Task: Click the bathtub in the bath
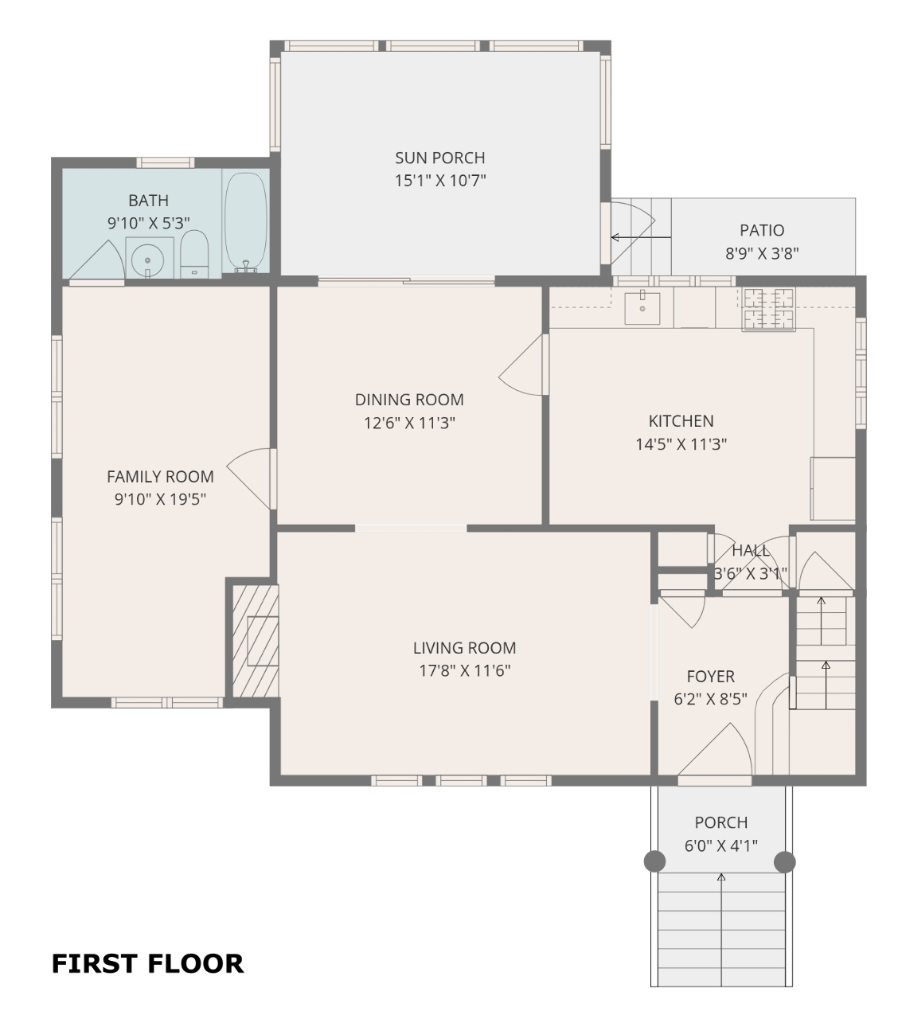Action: [245, 222]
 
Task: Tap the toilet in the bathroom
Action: [194, 254]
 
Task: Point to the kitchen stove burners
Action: [769, 309]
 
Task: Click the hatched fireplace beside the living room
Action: [256, 640]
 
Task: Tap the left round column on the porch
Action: [654, 861]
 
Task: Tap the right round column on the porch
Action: [784, 861]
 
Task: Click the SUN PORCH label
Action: [440, 158]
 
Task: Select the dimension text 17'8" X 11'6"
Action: [465, 670]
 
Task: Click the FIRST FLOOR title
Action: [148, 964]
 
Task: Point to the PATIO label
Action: [762, 230]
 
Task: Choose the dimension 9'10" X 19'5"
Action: [161, 499]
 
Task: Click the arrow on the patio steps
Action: [641, 237]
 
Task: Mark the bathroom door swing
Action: [96, 260]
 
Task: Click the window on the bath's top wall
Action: [166, 162]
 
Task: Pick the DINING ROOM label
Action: [409, 400]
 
